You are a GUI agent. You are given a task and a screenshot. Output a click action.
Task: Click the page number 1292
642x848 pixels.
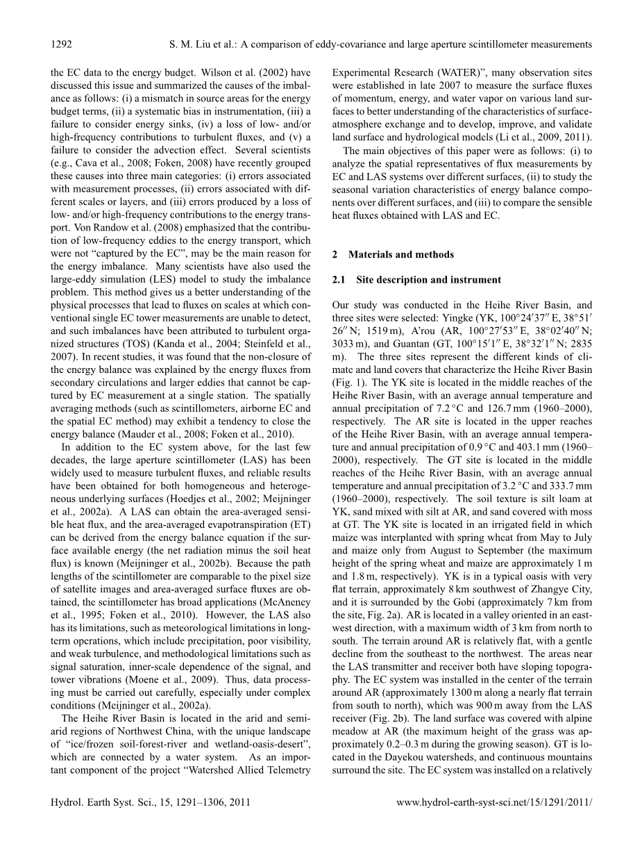tap(62, 44)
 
